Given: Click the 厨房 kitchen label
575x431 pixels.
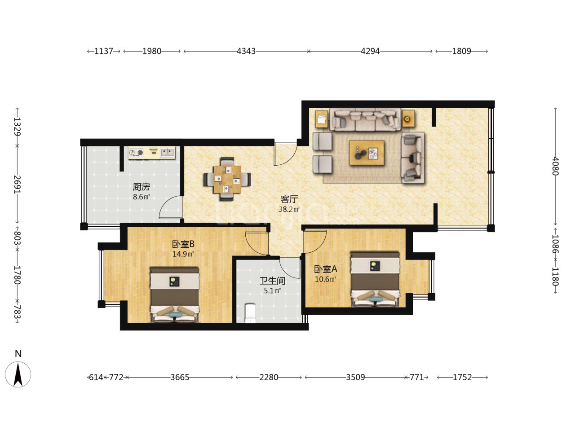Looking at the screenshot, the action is [141, 187].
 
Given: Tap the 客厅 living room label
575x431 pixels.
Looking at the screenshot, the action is [289, 199].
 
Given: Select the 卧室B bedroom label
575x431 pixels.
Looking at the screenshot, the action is [183, 244].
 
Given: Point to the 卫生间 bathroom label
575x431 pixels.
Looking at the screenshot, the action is [272, 281].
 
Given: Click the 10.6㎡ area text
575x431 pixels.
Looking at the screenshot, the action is [325, 279].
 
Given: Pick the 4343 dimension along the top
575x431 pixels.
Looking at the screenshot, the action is [246, 51].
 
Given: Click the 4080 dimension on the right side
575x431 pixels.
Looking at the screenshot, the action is [555, 166].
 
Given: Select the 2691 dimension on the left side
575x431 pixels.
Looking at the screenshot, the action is [17, 185].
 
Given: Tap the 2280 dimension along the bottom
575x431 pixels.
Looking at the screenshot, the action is [269, 378].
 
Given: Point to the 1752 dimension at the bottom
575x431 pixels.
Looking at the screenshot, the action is [462, 378].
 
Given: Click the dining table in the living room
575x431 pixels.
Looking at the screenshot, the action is [227, 179].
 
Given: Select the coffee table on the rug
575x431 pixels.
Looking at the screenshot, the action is [367, 153].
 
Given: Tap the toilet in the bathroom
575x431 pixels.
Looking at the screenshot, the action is [250, 313].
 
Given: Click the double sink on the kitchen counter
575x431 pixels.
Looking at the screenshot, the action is [167, 152].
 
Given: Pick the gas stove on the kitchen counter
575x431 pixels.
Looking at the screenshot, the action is [136, 153].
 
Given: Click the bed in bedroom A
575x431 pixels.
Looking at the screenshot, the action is [376, 280].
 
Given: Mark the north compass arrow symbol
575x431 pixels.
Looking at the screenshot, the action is [18, 374].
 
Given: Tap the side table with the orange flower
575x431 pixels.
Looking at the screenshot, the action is [408, 119].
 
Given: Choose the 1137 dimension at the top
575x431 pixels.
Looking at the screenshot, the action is [103, 51].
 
